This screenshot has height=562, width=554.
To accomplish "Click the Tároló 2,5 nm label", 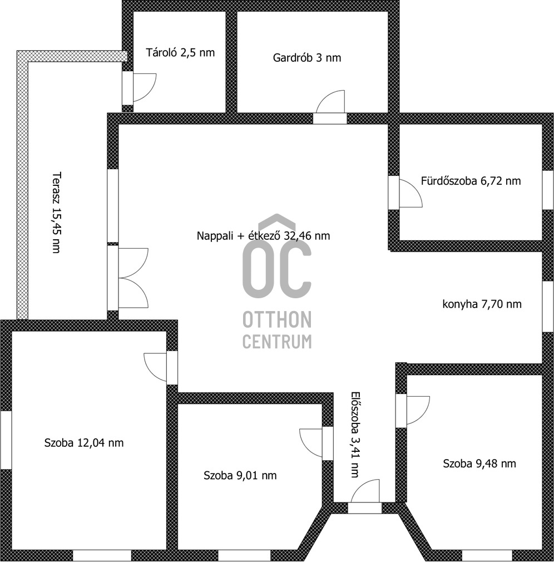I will (x=180, y=53).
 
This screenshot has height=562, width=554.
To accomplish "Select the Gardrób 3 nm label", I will (x=307, y=57).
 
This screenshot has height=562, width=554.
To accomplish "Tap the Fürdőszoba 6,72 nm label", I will (x=471, y=181).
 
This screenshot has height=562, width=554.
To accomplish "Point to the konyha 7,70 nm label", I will (x=482, y=304).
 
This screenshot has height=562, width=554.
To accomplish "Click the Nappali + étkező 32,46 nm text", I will (x=263, y=235).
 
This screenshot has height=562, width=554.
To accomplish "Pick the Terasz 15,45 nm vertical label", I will (x=56, y=213).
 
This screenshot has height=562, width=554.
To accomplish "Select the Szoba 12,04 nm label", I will (x=83, y=443).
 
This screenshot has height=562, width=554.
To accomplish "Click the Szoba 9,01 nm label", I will (x=240, y=475).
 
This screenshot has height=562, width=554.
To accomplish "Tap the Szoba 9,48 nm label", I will (x=479, y=464).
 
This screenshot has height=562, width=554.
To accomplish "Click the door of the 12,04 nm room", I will (x=158, y=367).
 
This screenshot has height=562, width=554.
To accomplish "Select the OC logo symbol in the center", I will (x=276, y=262).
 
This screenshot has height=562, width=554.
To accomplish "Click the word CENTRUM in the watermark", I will (x=276, y=342).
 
